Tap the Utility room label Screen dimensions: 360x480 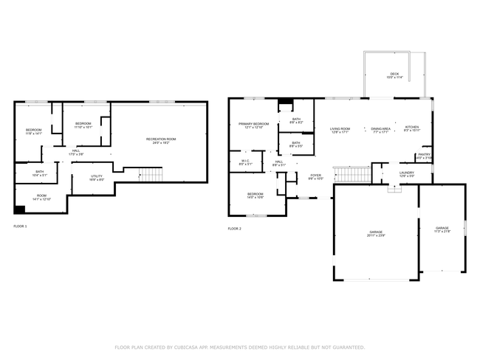[97, 177]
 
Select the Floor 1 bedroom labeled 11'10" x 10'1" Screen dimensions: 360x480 [83, 125]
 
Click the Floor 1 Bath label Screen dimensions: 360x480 [39, 173]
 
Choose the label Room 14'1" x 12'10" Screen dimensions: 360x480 [41, 197]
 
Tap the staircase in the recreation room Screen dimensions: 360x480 [151, 175]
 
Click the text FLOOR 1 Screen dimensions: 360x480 [20, 226]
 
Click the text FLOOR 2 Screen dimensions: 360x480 [235, 229]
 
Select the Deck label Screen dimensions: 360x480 [395, 75]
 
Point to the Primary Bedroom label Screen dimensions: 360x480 [253, 125]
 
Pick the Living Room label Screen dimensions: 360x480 [340, 130]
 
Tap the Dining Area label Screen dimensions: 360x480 [380, 130]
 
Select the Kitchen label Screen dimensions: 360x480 [412, 128]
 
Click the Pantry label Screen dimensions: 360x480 [424, 156]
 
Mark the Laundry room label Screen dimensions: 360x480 [407, 174]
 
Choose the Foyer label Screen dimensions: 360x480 [315, 176]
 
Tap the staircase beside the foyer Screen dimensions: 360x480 [352, 174]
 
